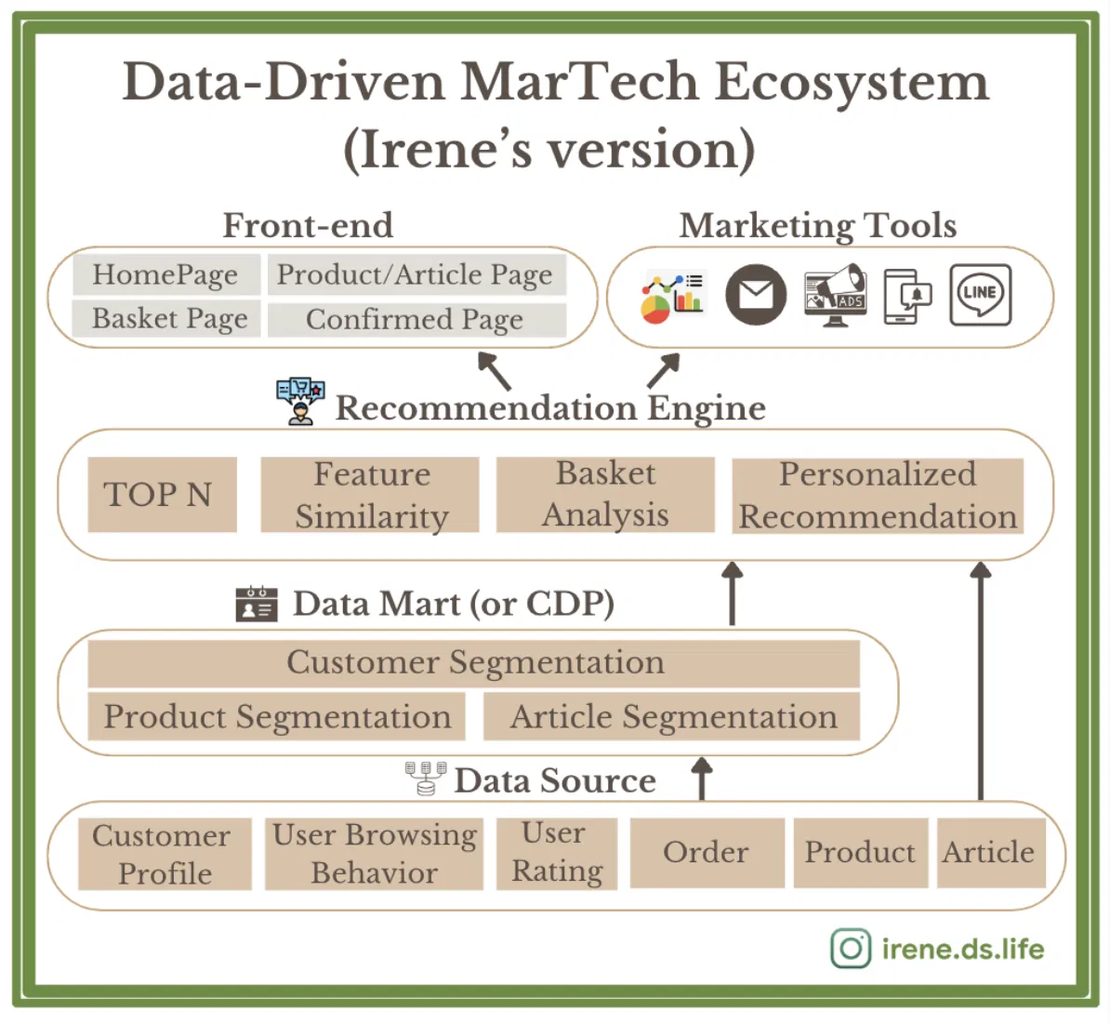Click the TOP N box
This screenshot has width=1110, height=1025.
pos(162,494)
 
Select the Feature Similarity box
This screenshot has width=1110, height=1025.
pos(369,494)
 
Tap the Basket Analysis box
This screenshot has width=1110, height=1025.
pos(605,494)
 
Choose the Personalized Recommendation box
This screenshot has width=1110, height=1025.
pos(878,495)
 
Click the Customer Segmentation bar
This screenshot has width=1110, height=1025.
pos(473,663)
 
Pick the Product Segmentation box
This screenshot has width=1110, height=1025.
pos(276,716)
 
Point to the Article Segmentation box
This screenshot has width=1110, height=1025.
pos(672,716)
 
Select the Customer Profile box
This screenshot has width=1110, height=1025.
pos(165,854)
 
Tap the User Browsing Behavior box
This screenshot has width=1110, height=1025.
pos(374,854)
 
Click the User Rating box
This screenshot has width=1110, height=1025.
pos(557,854)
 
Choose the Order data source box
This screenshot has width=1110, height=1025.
pos(707,853)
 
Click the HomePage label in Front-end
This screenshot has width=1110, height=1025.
pos(165,274)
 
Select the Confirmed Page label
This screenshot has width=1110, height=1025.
pos(416,319)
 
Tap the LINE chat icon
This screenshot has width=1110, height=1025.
pos(981,295)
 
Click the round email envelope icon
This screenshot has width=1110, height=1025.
pos(756,295)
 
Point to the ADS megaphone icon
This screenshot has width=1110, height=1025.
pos(836,295)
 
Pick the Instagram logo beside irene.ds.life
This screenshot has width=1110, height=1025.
pos(851,949)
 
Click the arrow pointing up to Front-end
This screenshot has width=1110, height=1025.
pos(495,370)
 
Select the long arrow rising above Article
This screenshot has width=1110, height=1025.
pos(981,681)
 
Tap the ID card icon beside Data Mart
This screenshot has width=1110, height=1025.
pos(257,605)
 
